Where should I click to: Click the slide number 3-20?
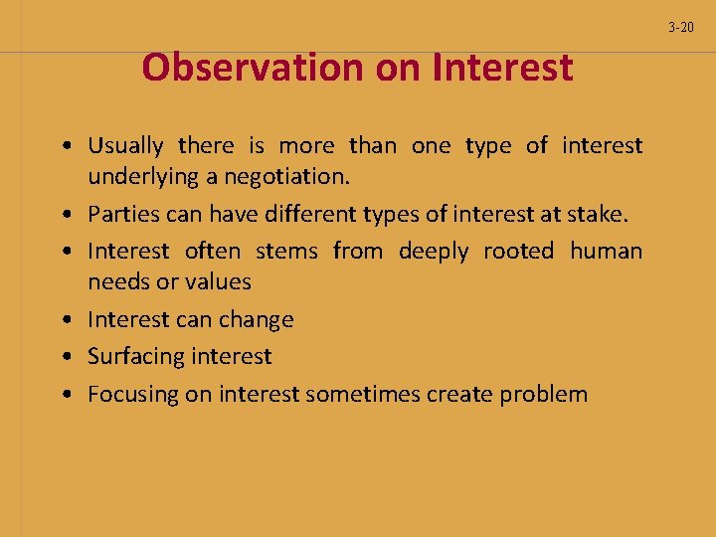click(x=681, y=28)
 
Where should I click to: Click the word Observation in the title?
click(x=253, y=68)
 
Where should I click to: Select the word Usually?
click(x=125, y=146)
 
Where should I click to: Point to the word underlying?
click(x=136, y=177)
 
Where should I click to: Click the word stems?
click(x=286, y=251)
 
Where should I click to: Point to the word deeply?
click(x=433, y=251)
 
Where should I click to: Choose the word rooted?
click(x=518, y=251)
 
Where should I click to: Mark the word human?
click(x=606, y=251)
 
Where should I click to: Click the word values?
click(x=217, y=282)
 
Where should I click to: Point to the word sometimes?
click(x=362, y=395)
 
